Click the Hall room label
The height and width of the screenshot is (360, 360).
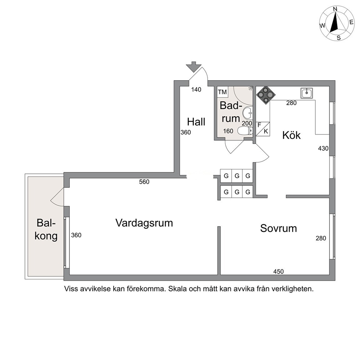click(x=196, y=122)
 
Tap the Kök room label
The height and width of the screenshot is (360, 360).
click(x=291, y=135)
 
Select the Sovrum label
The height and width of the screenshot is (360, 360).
click(x=278, y=228)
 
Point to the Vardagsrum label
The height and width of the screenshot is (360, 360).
click(x=144, y=223)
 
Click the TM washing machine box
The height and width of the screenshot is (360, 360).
click(x=222, y=92)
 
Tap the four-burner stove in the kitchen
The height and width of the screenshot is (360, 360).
click(x=266, y=95)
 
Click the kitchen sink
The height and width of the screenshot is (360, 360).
click(x=307, y=93)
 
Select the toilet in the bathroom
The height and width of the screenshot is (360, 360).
click(x=245, y=131)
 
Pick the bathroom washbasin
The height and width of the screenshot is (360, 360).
click(x=247, y=113)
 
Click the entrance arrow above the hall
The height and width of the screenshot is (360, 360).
click(x=193, y=67)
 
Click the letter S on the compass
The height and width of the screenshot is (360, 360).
click(x=339, y=38)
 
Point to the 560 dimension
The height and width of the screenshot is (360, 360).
click(x=144, y=182)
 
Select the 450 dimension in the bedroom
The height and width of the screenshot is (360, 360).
click(x=278, y=271)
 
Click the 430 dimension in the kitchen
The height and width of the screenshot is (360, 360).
click(x=323, y=148)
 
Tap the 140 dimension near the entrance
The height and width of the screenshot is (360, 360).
click(x=196, y=90)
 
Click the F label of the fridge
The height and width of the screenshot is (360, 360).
click(x=259, y=125)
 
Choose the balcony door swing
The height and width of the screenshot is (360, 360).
click(x=57, y=197)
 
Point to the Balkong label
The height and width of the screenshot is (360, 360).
click(x=46, y=229)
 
